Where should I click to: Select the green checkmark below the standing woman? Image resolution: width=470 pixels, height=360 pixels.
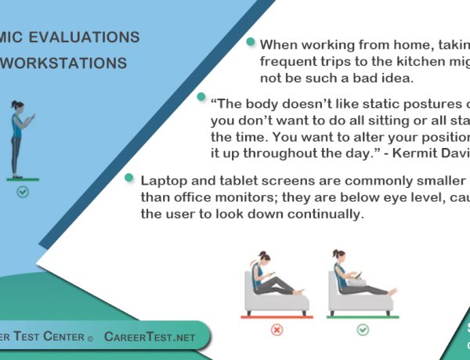[x=23, y=192]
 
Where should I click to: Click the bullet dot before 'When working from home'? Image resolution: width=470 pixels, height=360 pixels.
[x=250, y=42]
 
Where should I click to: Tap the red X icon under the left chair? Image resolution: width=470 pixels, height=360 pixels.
[x=277, y=329]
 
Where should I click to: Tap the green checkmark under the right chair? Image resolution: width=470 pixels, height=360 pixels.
[x=363, y=329]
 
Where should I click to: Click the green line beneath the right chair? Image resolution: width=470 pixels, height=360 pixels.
[x=363, y=318]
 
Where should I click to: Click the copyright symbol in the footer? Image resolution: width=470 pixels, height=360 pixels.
[x=90, y=337]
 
